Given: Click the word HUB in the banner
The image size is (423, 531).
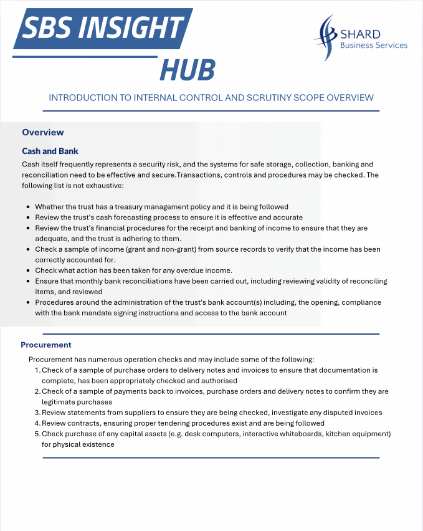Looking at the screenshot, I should [188, 70].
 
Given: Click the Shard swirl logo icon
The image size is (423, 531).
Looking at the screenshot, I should [326, 37].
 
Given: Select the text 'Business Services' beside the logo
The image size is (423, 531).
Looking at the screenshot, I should [374, 45].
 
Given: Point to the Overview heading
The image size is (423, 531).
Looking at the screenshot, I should [43, 132].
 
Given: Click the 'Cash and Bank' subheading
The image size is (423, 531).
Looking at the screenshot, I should [50, 151].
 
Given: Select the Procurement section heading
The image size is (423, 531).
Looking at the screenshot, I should [46, 345].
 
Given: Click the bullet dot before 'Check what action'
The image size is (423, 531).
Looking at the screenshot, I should [29, 270].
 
